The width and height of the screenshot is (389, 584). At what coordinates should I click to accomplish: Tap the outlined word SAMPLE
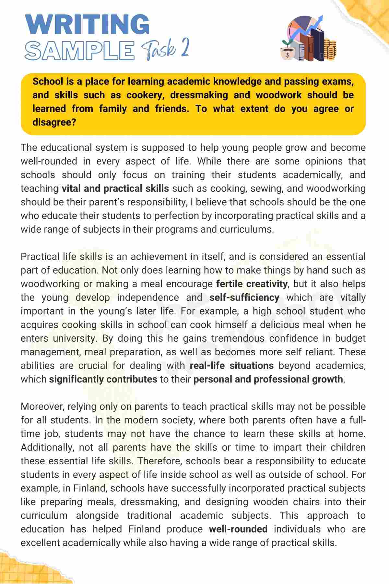click(80, 51)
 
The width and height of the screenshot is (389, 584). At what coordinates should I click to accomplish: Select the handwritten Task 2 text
click(165, 50)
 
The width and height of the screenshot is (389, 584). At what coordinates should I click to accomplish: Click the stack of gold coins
click(330, 50)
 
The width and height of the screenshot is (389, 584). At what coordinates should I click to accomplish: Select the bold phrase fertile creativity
click(252, 284)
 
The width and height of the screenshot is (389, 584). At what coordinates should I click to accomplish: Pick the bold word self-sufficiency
click(244, 298)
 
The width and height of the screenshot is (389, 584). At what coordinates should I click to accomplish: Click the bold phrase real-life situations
click(231, 366)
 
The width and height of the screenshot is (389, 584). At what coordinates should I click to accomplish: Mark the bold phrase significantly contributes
click(103, 379)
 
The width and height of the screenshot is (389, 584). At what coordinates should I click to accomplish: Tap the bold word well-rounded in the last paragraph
click(238, 529)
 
